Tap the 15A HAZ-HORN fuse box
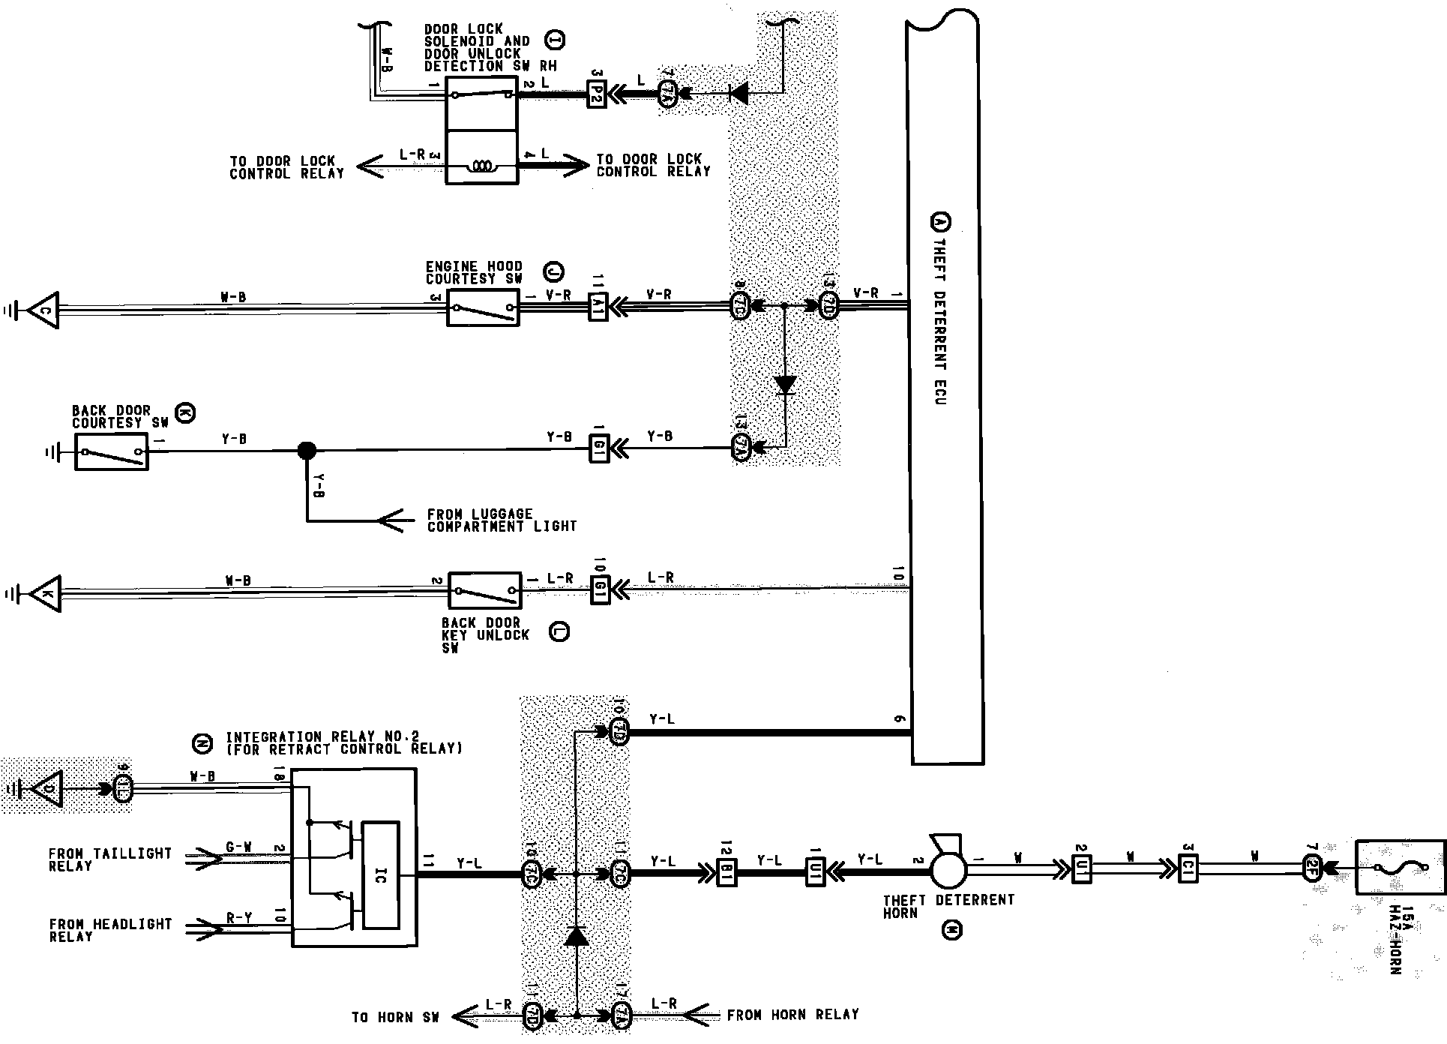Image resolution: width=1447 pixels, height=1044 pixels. pyautogui.click(x=1399, y=868)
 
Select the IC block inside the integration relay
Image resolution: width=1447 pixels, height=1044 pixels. pyautogui.click(x=381, y=874)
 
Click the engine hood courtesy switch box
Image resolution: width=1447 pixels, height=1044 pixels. pyautogui.click(x=483, y=307)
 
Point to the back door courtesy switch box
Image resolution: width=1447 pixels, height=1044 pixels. pyautogui.click(x=112, y=451)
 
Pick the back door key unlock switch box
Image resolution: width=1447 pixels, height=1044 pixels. pyautogui.click(x=484, y=591)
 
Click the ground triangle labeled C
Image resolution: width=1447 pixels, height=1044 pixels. pyautogui.click(x=43, y=309)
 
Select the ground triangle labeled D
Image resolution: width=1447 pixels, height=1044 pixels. pyautogui.click(x=47, y=789)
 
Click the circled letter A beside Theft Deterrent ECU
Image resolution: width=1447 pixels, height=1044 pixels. pyautogui.click(x=939, y=223)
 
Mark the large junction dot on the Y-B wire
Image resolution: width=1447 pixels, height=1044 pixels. pyautogui.click(x=307, y=451)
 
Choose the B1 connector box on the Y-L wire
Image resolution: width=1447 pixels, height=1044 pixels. pyautogui.click(x=726, y=871)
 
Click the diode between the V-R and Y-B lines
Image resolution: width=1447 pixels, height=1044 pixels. pyautogui.click(x=785, y=385)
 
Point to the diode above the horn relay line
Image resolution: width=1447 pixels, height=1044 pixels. pyautogui.click(x=576, y=936)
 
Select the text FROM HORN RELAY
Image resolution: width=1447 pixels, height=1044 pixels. pyautogui.click(x=792, y=1015)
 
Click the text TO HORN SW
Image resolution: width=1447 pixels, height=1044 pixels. pyautogui.click(x=395, y=1017)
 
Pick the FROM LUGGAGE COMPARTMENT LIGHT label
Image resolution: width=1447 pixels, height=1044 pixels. pyautogui.click(x=502, y=520)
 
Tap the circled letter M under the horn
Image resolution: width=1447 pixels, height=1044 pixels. pyautogui.click(x=951, y=931)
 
